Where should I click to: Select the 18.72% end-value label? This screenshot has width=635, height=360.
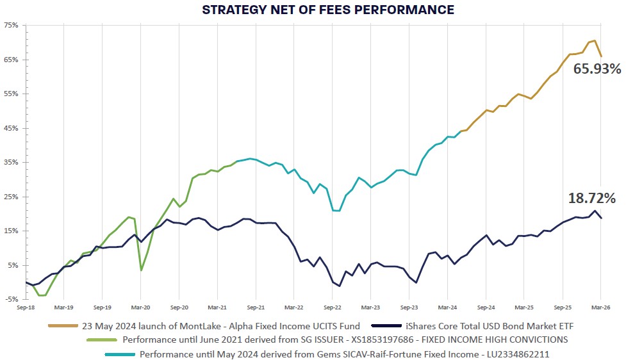click(x=591, y=199)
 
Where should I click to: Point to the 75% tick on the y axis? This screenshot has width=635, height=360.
click(x=12, y=25)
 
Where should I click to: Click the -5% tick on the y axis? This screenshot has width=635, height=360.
click(x=12, y=299)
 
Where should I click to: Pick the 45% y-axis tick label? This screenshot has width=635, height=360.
click(x=12, y=128)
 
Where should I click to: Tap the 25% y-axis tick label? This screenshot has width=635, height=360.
click(x=12, y=197)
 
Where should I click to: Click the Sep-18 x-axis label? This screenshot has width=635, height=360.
click(x=26, y=307)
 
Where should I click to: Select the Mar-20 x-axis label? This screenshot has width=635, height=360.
click(x=140, y=307)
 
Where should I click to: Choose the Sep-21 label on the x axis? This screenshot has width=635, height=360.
click(x=256, y=307)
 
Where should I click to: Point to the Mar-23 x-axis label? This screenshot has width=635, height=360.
click(x=370, y=307)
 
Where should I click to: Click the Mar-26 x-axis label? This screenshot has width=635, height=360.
click(x=600, y=307)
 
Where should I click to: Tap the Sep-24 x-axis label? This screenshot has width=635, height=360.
click(x=486, y=307)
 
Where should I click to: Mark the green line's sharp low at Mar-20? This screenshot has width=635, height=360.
click(x=141, y=270)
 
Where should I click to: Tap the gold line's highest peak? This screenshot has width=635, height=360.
click(x=595, y=41)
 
